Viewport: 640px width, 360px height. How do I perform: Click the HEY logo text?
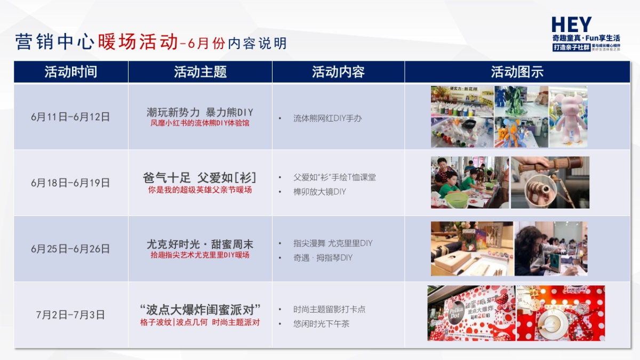[x=571, y=25]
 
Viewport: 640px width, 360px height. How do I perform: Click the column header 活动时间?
[x=71, y=72]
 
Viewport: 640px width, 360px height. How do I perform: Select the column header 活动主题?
[x=200, y=72]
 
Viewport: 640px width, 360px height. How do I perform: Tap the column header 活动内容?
[x=338, y=72]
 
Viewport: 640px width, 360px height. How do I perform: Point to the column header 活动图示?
[x=517, y=72]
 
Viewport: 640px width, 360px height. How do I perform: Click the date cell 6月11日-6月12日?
[x=70, y=117]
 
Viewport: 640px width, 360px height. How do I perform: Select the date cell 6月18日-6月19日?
[x=70, y=183]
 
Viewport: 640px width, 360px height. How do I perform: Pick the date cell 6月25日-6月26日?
[x=70, y=249]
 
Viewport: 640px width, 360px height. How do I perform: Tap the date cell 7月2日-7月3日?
[x=70, y=315]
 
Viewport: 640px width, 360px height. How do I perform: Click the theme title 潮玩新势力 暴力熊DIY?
[x=200, y=112]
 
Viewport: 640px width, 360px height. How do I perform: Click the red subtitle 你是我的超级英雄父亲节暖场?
[x=200, y=190]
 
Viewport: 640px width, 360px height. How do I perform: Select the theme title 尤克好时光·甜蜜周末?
[x=200, y=244]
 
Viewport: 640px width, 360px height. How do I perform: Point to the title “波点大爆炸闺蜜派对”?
[x=200, y=310]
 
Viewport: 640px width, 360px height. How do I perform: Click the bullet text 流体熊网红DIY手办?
[x=327, y=118]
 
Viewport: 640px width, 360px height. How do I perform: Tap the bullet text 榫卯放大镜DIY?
[x=319, y=191]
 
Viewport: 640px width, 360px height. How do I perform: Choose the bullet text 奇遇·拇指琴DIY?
[x=323, y=258]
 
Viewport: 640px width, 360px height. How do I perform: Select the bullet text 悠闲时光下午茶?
[x=321, y=324]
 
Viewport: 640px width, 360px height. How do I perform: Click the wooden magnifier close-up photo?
[x=550, y=182]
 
